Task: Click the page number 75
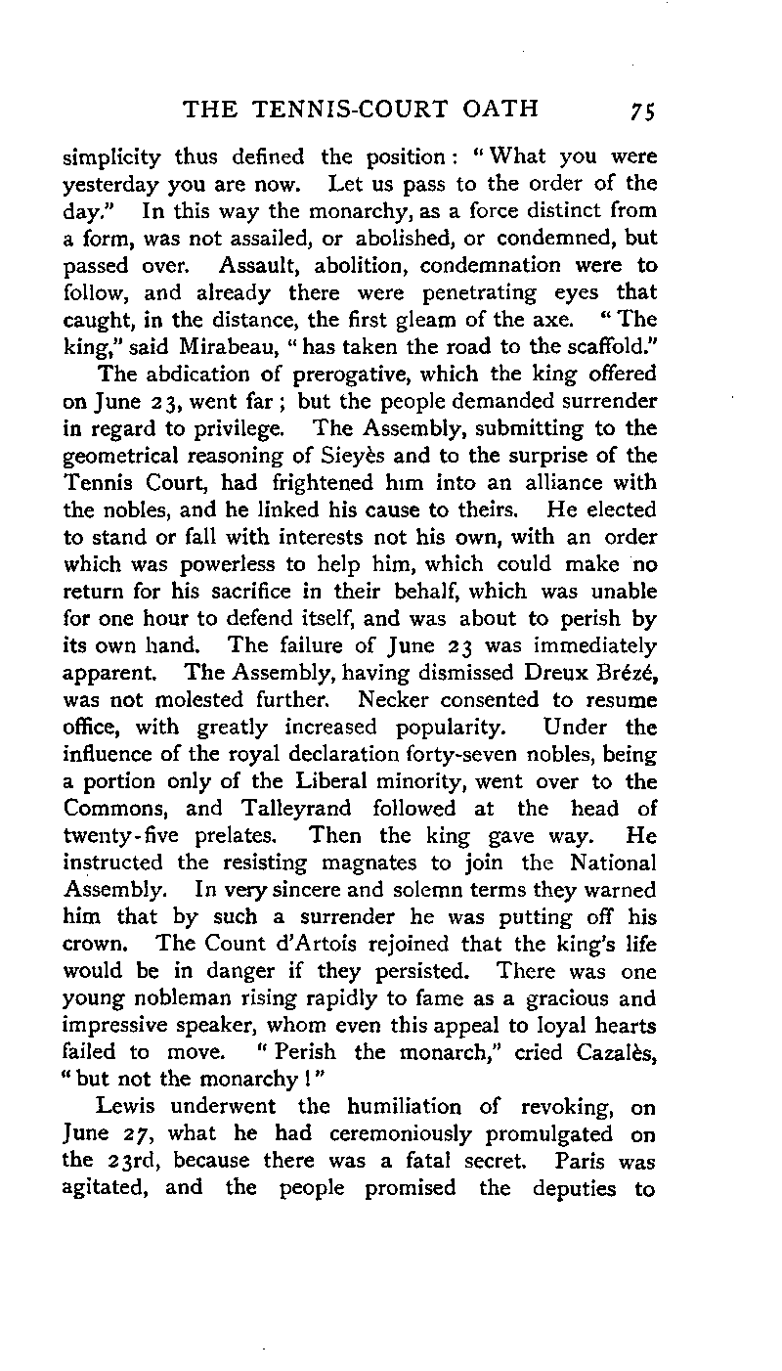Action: [x=641, y=110]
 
